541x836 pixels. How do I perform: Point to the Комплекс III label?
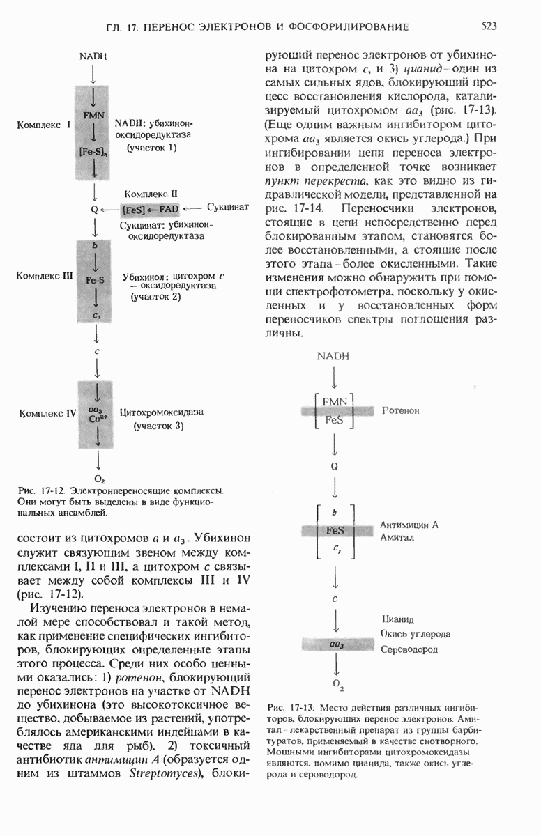pos(44,276)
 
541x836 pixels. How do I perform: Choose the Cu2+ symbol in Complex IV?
pos(97,419)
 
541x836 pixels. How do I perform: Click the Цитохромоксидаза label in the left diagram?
pos(162,412)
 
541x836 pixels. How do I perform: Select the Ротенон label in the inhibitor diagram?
pos(401,411)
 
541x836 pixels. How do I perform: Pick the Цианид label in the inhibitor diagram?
pos(398,619)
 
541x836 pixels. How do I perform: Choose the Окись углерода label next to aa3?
pos(415,634)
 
